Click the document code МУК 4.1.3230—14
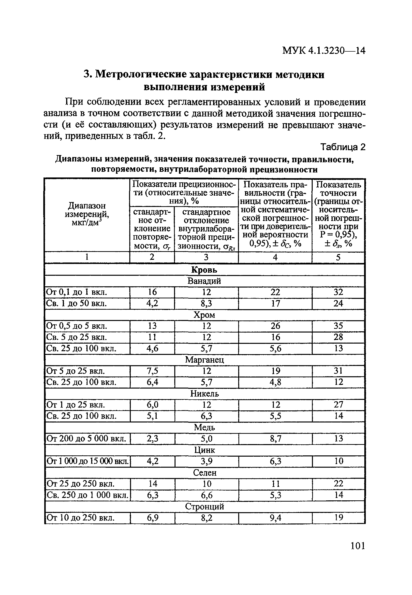[324, 51]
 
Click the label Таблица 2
[343, 147]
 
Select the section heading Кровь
[204, 270]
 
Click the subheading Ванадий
[204, 281]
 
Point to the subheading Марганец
[204, 360]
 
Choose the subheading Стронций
[205, 507]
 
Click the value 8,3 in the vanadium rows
[206, 303]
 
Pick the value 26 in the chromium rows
[275, 326]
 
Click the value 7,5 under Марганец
[152, 371]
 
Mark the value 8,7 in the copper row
[275, 439]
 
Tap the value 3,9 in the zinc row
[206, 461]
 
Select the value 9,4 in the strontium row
[275, 518]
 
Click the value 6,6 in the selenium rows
[206, 495]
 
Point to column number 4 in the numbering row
[275, 257]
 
